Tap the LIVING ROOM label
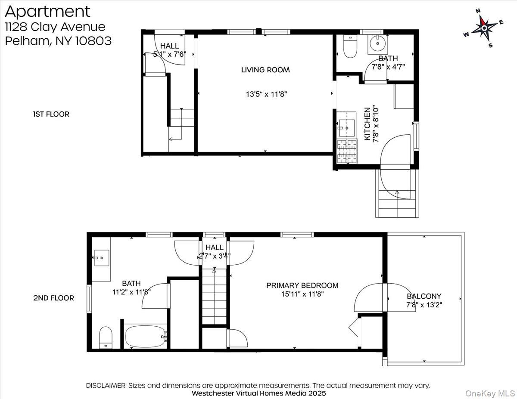[265, 70]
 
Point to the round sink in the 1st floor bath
[378, 43]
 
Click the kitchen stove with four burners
[347, 152]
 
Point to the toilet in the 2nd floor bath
[106, 337]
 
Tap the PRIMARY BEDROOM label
[302, 285]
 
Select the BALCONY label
[424, 296]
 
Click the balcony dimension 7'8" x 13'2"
[424, 305]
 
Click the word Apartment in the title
[47, 11]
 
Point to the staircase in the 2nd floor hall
[214, 297]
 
